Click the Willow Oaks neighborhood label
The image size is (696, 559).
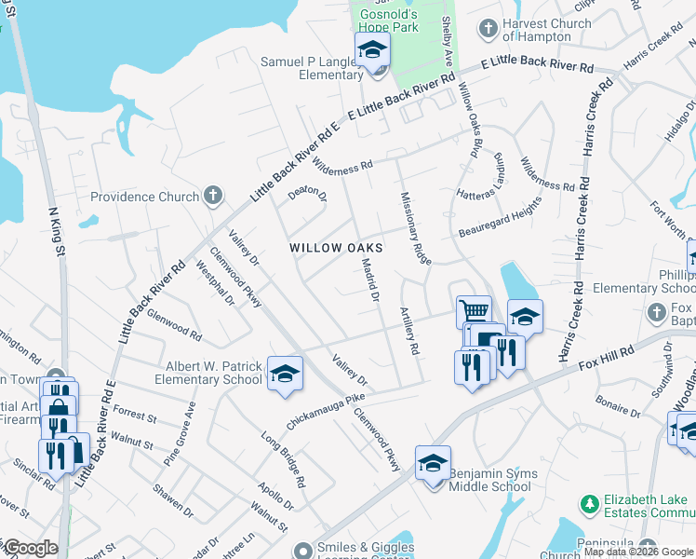[336, 248]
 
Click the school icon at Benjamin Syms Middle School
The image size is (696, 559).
[433, 462]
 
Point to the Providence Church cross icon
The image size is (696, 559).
[213, 196]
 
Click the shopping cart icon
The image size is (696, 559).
[474, 310]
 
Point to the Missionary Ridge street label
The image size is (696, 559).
[415, 228]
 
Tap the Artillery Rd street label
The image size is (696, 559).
[408, 331]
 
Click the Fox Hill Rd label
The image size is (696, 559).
[607, 355]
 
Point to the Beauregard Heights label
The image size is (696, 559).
[500, 217]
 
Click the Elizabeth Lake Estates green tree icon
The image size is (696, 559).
[588, 504]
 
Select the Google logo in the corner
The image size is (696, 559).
[31, 548]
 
